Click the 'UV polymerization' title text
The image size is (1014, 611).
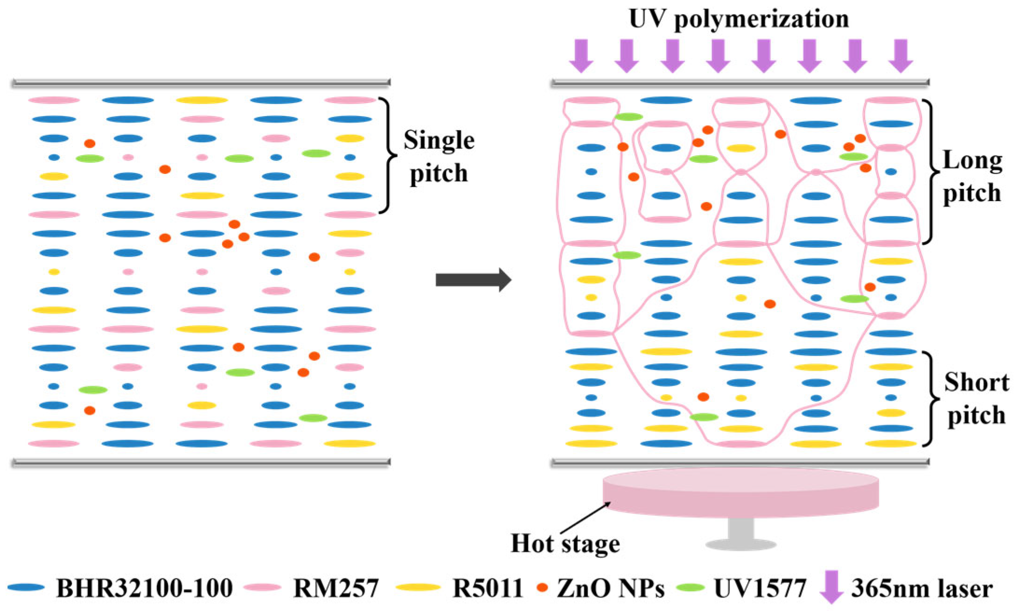tap(739, 20)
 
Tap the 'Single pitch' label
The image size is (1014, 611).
tap(439, 157)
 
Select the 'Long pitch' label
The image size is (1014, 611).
tap(972, 177)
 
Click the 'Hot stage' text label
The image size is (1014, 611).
tap(565, 544)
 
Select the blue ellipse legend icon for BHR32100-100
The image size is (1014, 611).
tap(26, 588)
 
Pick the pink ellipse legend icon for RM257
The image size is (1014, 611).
tap(263, 588)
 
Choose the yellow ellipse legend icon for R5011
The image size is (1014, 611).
tap(418, 588)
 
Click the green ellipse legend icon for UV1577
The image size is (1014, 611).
tap(690, 588)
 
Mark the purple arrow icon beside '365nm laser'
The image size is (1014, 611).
tap(832, 587)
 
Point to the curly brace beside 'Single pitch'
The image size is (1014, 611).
tap(389, 155)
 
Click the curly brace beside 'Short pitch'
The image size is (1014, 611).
tap(931, 399)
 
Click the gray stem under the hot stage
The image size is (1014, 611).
tap(741, 530)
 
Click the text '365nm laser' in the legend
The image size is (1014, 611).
tap(922, 589)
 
